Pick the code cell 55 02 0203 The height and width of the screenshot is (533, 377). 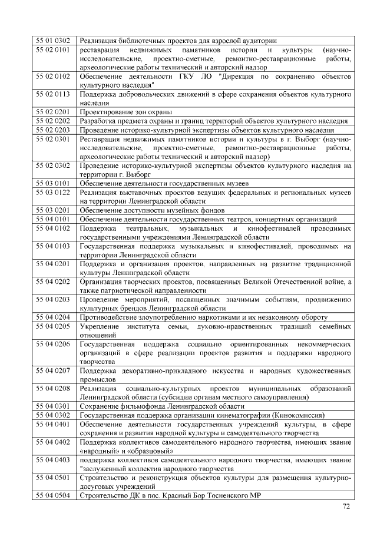[54, 130]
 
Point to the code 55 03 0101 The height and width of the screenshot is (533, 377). [54, 184]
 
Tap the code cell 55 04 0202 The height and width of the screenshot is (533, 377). [54, 282]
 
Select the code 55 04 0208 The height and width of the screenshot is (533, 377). [54, 389]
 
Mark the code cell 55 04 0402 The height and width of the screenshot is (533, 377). [54, 442]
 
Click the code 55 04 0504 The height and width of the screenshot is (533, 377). [54, 496]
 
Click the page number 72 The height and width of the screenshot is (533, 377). [346, 507]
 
